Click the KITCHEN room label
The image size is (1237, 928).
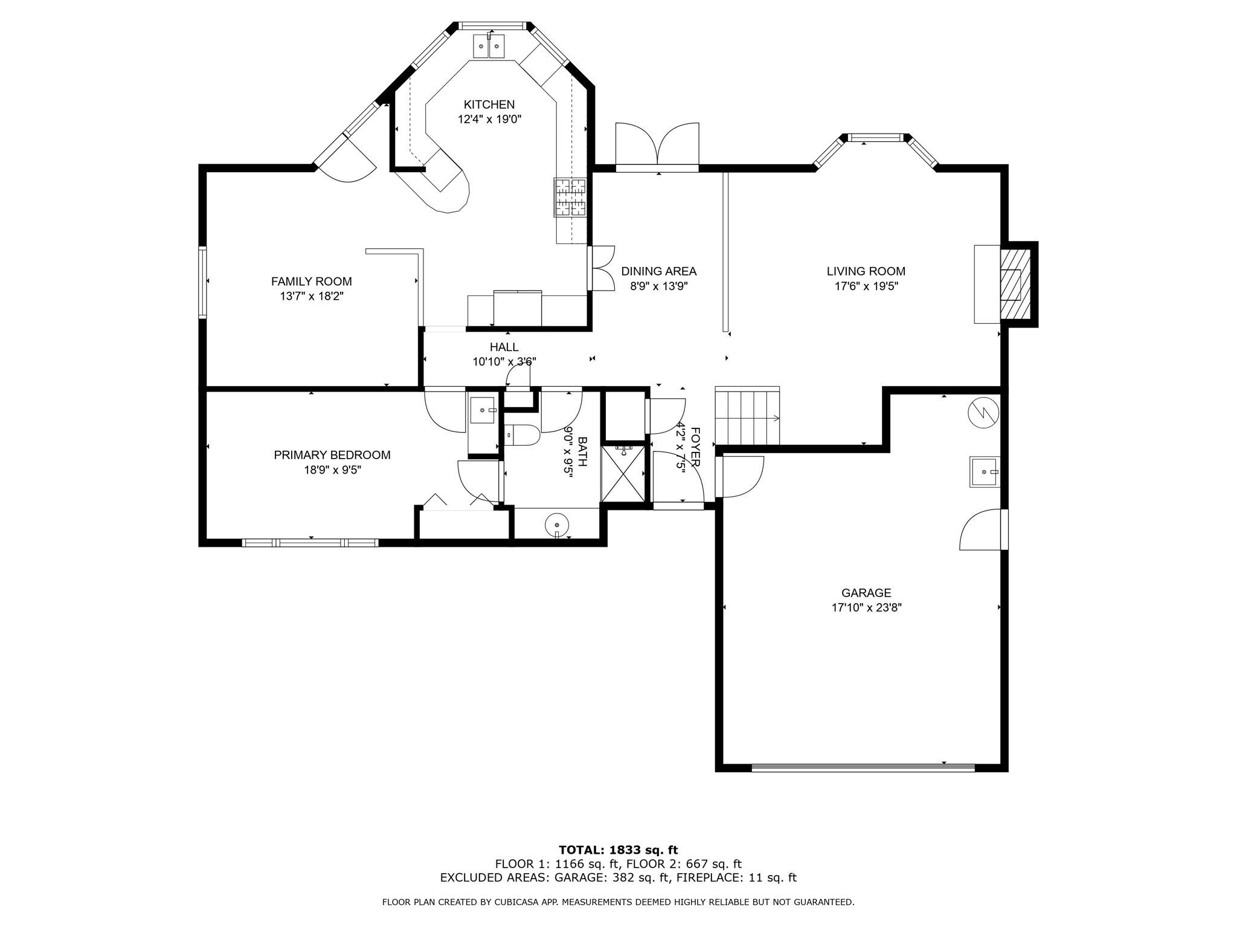click(x=489, y=105)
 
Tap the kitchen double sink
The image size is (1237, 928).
click(x=489, y=47)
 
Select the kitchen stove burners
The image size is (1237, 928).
click(x=570, y=197)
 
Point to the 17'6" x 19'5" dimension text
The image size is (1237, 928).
click(x=866, y=286)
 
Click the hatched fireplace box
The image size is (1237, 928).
click(x=1015, y=285)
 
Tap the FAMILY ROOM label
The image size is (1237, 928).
click(x=311, y=281)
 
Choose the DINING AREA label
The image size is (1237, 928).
click(x=658, y=271)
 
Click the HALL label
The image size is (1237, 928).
click(x=504, y=347)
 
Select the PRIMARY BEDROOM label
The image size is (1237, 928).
click(x=332, y=455)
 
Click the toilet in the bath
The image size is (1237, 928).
click(x=522, y=435)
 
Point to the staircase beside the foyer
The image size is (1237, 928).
click(x=747, y=417)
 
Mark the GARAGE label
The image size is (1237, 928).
click(x=866, y=593)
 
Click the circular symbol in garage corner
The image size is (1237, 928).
click(x=983, y=413)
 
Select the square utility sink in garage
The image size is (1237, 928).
click(x=985, y=472)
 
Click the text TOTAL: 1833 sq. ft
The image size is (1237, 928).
click(x=618, y=850)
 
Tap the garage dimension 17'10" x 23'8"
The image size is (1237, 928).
click(x=866, y=608)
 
